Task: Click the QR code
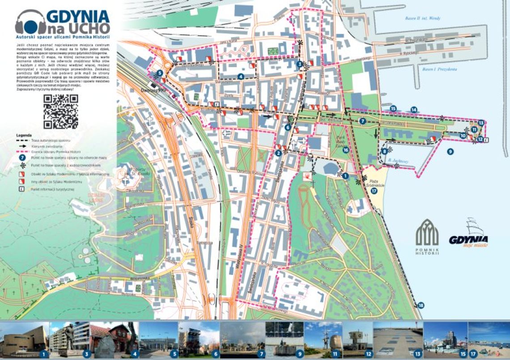pos(60,111)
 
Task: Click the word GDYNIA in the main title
pos(85,17)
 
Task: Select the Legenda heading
pos(24,135)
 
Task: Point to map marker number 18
pos(420,305)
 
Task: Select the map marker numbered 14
pos(414,109)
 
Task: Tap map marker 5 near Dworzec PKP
pos(160,74)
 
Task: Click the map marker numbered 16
pos(345,150)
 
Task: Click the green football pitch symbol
pos(273,51)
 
